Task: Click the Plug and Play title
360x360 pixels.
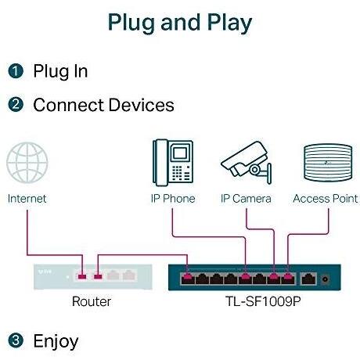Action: click(180, 23)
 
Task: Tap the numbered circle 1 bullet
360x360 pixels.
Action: click(16, 71)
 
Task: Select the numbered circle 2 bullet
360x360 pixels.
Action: click(16, 104)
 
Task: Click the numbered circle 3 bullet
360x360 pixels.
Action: click(16, 340)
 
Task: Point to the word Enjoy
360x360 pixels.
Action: click(56, 342)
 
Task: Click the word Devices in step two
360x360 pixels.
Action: click(141, 105)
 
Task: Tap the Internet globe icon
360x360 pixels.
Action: click(27, 163)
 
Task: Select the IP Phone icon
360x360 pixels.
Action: click(173, 162)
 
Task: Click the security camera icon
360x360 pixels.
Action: click(247, 163)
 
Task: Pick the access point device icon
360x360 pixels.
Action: click(328, 162)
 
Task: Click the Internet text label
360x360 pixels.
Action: click(27, 199)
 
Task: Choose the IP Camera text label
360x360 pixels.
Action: click(246, 199)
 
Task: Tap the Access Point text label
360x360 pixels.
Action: click(326, 199)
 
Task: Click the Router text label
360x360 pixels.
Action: click(92, 301)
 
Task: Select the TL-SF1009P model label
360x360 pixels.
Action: click(263, 301)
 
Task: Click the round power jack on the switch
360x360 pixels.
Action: click(325, 279)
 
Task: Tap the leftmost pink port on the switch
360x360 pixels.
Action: click(188, 279)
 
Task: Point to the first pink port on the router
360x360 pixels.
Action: click(82, 276)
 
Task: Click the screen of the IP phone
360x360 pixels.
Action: click(180, 153)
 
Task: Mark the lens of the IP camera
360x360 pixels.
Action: click(254, 170)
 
